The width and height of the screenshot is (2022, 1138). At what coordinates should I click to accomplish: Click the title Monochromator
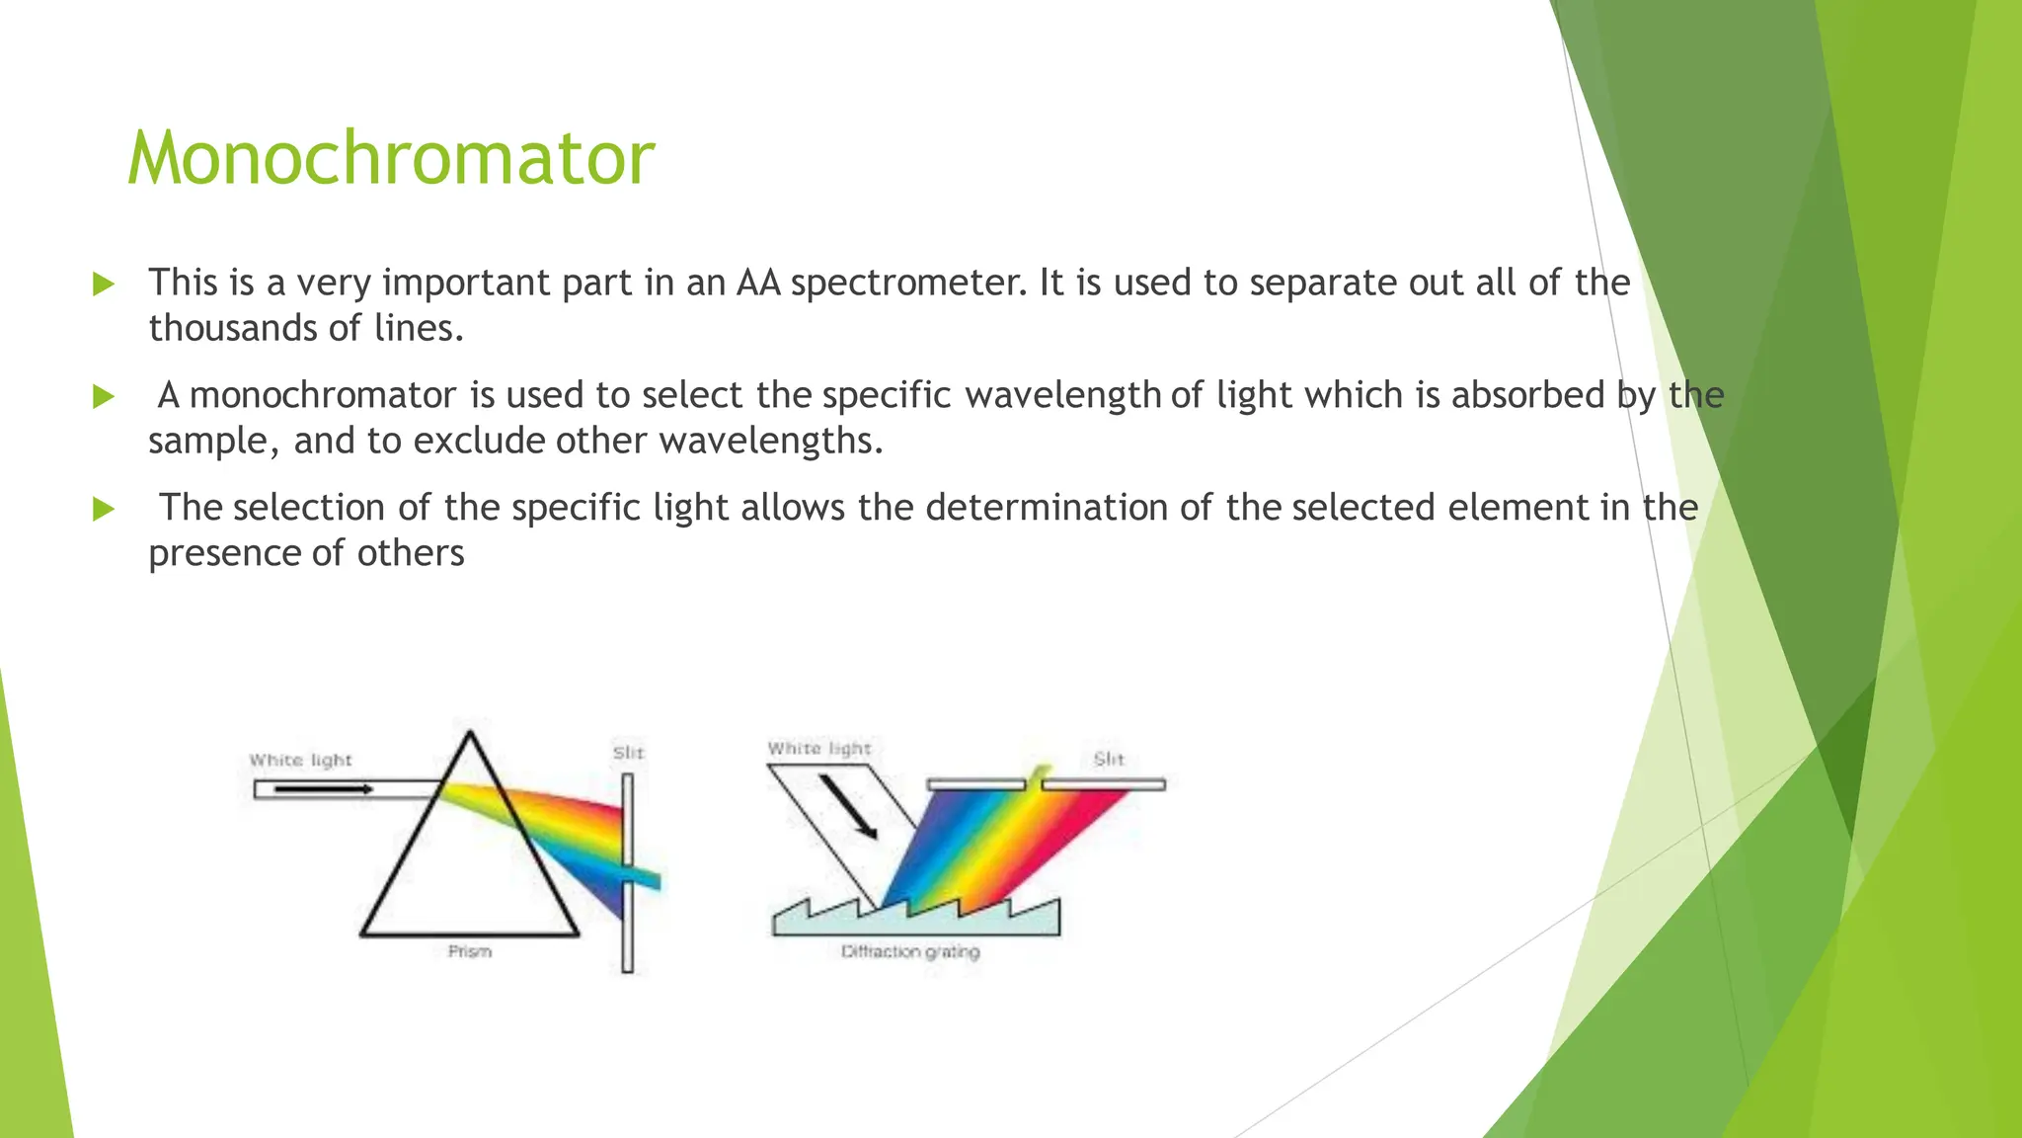(390, 158)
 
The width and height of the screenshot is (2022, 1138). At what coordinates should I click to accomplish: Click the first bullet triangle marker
(103, 284)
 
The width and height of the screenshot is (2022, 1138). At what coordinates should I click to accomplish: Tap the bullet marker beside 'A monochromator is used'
(103, 397)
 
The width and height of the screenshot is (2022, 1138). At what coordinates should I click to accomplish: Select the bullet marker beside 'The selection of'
(103, 510)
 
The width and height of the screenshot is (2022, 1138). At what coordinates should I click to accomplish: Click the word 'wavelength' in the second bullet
(1064, 395)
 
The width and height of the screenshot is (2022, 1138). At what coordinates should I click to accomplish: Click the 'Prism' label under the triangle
(469, 951)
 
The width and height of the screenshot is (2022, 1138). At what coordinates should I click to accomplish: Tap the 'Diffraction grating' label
(909, 952)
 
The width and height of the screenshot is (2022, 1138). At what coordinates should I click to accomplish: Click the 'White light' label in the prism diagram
(300, 760)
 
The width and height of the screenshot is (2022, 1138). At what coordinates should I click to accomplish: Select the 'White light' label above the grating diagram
(819, 749)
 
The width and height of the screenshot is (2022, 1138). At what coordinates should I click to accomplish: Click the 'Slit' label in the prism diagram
(628, 753)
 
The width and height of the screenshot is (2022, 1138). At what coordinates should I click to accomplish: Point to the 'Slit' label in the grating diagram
(1109, 759)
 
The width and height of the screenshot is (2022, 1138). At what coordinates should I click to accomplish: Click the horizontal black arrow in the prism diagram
(324, 788)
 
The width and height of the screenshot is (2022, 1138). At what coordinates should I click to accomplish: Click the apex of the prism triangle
(470, 734)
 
